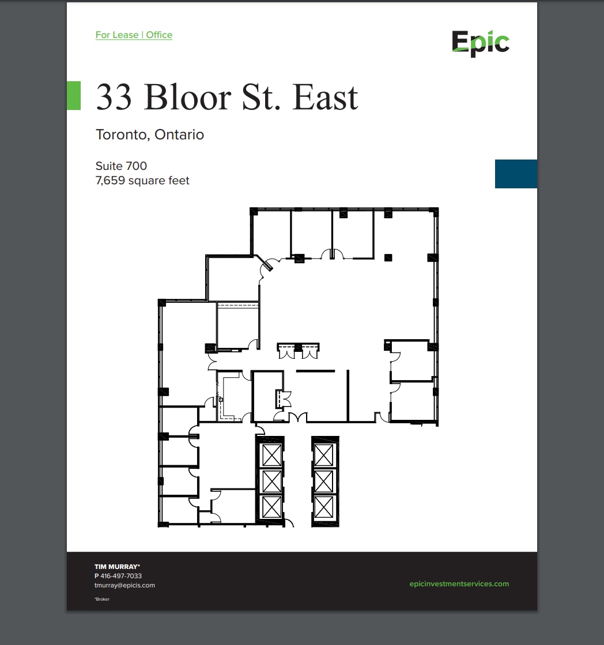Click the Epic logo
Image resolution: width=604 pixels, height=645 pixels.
[x=480, y=43]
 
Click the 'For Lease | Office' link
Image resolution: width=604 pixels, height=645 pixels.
[x=134, y=35]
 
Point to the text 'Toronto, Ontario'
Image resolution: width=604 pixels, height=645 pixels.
[x=150, y=135]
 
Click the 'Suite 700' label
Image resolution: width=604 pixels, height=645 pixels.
[x=121, y=166]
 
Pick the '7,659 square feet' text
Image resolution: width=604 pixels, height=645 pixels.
[x=142, y=181]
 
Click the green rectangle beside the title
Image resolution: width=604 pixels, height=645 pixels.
[x=74, y=96]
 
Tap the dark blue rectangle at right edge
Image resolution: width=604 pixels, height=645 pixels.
[x=516, y=174]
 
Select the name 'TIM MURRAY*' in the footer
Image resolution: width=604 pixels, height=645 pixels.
[x=118, y=567]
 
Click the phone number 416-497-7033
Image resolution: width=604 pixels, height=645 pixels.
[x=121, y=576]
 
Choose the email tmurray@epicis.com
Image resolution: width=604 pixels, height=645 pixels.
[x=124, y=585]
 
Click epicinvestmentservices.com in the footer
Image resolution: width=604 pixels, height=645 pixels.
[x=459, y=583]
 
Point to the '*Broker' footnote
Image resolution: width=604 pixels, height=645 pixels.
[x=102, y=600]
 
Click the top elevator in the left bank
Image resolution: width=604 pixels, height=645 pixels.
[x=271, y=455]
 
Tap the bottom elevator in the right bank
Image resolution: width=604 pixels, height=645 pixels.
[x=323, y=507]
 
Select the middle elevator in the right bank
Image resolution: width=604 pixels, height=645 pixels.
[x=323, y=481]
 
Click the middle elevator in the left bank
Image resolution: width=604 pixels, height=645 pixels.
[x=271, y=481]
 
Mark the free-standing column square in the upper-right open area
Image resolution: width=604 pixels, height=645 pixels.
[x=388, y=257]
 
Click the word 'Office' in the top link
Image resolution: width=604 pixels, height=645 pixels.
[x=159, y=35]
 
